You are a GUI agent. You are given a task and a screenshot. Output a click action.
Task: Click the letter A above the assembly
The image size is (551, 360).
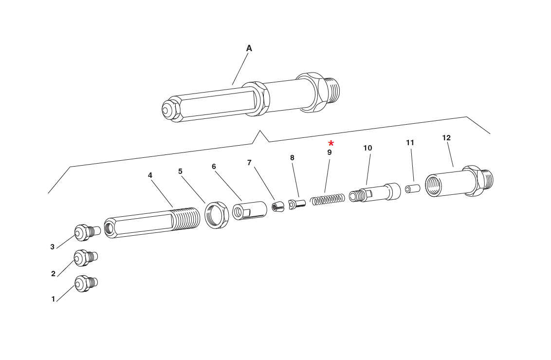tap(249, 48)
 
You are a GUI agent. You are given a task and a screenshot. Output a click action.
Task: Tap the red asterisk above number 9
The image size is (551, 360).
tap(331, 143)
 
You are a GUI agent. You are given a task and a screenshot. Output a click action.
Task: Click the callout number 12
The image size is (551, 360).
tap(446, 138)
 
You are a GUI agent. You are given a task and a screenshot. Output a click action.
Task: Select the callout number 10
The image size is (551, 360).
tap(367, 148)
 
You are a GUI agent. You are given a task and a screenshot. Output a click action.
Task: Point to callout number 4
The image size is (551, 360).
tap(150, 175)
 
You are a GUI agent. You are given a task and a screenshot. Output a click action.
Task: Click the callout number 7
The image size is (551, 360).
tap(249, 163)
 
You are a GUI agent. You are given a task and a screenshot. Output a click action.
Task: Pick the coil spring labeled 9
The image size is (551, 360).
tap(328, 199)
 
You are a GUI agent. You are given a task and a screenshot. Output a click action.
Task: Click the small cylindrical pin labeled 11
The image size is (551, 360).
tap(412, 189)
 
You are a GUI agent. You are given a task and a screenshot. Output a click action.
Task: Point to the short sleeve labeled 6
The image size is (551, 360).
tap(249, 211)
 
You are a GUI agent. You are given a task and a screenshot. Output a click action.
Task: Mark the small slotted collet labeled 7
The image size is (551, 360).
tap(277, 207)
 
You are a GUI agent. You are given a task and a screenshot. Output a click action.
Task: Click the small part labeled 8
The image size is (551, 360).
tap(296, 204)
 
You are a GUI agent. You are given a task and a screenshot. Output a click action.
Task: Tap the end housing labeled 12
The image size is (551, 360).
tap(458, 182)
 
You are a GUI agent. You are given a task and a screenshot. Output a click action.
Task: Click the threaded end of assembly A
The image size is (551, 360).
tap(332, 91)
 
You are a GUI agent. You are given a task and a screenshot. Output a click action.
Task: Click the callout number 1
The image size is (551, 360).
tap(53, 299)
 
